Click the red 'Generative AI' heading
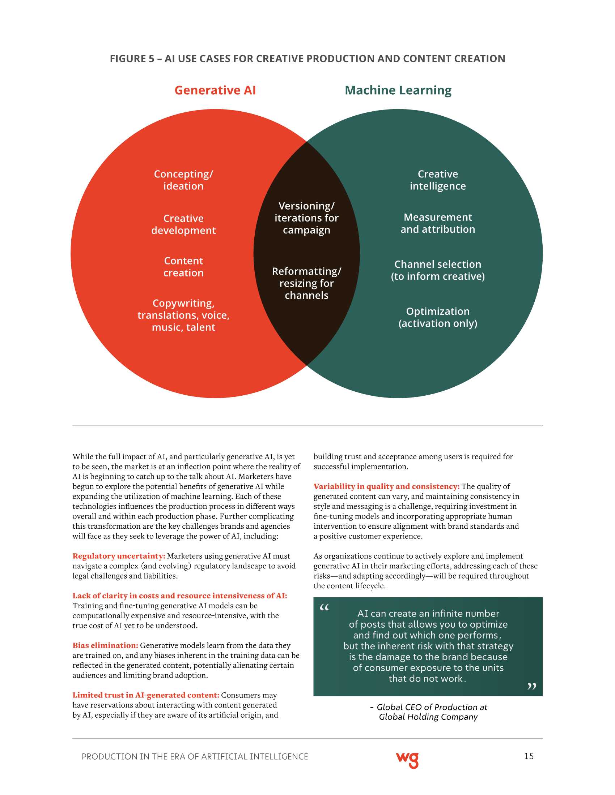215,90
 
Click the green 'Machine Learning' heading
398,90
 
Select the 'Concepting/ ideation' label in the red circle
183,180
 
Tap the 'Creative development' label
183,224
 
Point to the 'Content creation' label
183,267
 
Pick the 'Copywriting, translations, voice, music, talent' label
183,315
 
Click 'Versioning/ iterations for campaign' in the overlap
306,218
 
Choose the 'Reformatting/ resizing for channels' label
306,283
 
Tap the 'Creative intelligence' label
438,180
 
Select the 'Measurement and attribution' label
438,223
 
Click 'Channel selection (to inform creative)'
438,270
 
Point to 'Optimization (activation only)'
438,317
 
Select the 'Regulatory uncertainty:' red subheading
119,556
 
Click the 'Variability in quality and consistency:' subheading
386,487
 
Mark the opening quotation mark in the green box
324,607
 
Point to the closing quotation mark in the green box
531,687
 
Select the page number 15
529,756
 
